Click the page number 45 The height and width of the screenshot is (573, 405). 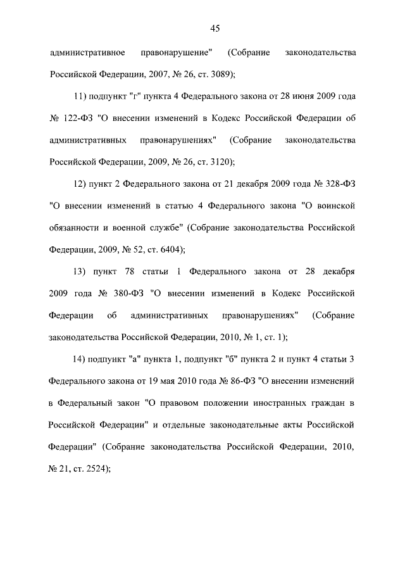(x=215, y=28)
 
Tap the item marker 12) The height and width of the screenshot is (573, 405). (x=81, y=184)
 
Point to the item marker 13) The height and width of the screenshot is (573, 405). (x=81, y=272)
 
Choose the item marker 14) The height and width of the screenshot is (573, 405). (x=81, y=360)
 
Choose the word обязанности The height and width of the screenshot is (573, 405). (x=73, y=228)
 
